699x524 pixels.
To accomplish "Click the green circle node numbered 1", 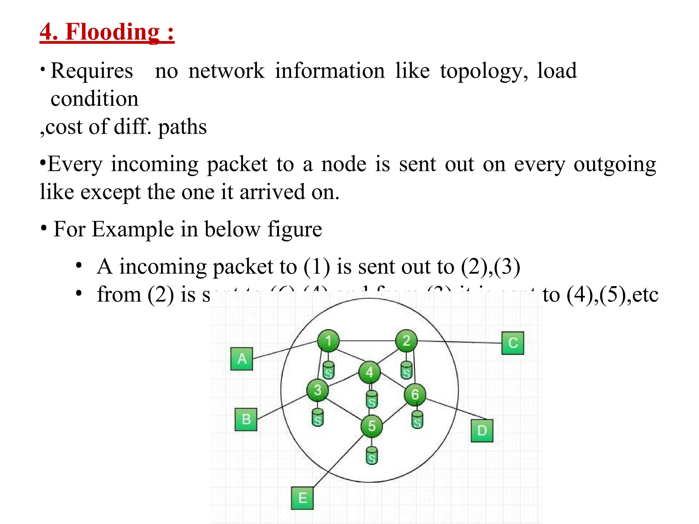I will (x=328, y=340).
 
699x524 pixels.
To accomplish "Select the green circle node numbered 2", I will (x=406, y=340).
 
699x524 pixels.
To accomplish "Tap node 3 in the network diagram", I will (x=317, y=390).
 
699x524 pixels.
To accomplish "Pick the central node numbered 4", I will (x=370, y=372).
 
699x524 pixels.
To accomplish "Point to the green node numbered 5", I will (x=372, y=426).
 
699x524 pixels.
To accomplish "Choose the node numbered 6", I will (x=415, y=394).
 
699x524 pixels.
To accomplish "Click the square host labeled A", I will (x=242, y=359).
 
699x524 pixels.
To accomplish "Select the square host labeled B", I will (x=246, y=419).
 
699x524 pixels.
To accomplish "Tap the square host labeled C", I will (x=513, y=343).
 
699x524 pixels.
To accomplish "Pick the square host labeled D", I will (x=482, y=431).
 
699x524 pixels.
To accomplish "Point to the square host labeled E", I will (x=302, y=498).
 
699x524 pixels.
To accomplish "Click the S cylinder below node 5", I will (x=372, y=456).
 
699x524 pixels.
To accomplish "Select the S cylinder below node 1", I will (x=328, y=370).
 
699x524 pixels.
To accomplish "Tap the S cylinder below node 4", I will (x=371, y=400).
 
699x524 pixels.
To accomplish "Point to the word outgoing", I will (x=615, y=164).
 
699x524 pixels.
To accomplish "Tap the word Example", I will (x=133, y=229).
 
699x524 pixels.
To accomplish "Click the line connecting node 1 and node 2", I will (x=367, y=341).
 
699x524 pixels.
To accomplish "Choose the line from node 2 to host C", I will (x=459, y=342).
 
